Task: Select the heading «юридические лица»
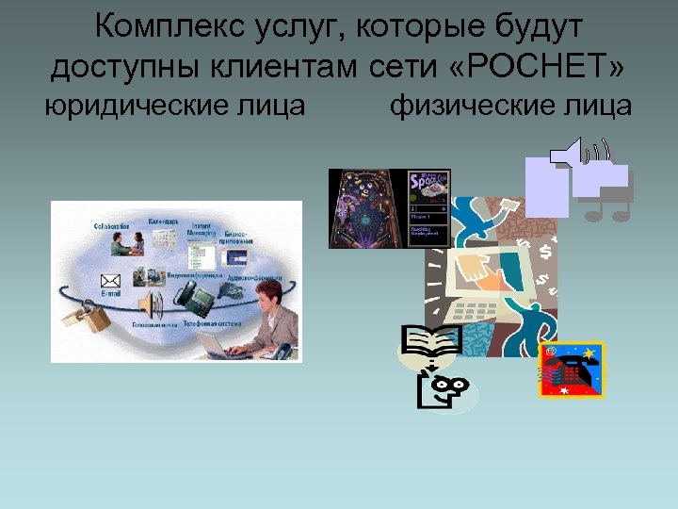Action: tap(176, 107)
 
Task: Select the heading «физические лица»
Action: tap(510, 107)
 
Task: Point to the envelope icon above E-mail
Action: tap(111, 280)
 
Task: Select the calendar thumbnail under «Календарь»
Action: tap(165, 235)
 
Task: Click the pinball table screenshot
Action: tap(368, 208)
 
